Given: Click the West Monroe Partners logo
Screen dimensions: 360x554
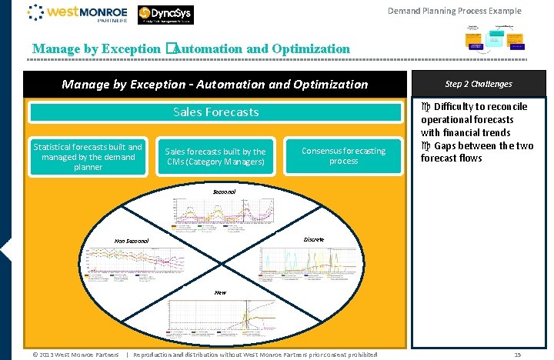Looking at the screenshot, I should [77, 14].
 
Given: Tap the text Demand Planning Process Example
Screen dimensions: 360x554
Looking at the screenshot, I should [454, 11].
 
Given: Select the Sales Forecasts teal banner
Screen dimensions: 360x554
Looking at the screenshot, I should [215, 112].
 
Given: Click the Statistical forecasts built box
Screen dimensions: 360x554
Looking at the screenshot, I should [87, 157].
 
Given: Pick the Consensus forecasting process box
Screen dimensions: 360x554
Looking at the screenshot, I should [343, 156].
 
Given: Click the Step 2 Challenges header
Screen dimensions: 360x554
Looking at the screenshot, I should [478, 84].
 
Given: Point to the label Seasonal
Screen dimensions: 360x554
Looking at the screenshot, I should [224, 190].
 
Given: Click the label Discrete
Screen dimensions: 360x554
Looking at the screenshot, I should [314, 240].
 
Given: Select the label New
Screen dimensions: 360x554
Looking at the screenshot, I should [220, 292].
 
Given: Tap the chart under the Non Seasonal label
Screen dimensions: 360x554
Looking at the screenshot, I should [135, 262].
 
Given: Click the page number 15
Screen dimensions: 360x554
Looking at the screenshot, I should [518, 355].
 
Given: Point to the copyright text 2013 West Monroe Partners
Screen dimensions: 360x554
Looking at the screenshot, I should [75, 355].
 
